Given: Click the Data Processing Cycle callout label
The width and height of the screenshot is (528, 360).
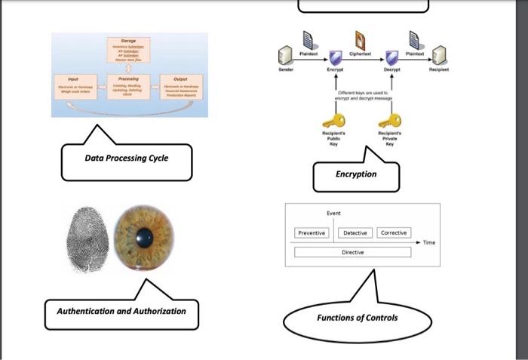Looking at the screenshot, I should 126,158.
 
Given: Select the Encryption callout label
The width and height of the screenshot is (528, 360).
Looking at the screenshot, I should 355,174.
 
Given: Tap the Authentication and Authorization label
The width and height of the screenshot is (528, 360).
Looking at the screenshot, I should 121,311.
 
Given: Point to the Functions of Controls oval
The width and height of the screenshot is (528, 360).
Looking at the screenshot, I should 357,318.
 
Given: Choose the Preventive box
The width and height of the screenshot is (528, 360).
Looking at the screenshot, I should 312,233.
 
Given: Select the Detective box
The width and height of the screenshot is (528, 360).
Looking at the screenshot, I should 355,233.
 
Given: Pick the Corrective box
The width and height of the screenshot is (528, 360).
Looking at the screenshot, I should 394,233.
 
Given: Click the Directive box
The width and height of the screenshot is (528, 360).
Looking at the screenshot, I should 352,252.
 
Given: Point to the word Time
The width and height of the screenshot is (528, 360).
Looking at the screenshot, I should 429,243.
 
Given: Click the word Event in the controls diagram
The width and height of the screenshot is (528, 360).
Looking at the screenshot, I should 333,214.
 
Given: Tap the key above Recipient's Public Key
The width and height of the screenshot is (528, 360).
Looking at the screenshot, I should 333,121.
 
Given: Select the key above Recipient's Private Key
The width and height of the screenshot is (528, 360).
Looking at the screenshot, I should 390,121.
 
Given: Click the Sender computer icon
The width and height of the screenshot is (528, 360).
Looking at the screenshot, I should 286,54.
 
